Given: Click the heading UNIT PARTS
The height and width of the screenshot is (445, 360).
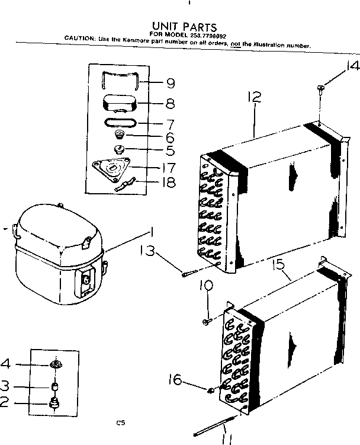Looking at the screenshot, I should click(184, 26).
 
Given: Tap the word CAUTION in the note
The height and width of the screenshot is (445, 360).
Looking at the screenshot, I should click(80, 39).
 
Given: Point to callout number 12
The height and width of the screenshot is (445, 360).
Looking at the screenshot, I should click(255, 99).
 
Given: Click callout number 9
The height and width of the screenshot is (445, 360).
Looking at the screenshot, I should click(170, 83).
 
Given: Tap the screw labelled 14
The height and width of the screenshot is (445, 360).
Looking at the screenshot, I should click(320, 89).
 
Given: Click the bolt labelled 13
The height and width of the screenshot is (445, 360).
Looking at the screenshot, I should click(189, 274).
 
